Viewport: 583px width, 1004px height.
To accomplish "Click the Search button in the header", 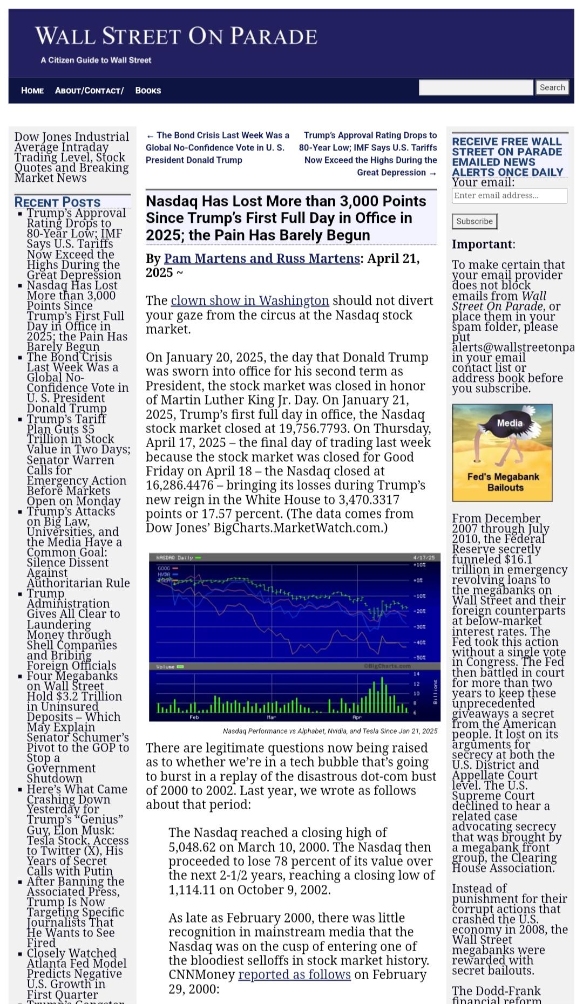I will click(552, 87).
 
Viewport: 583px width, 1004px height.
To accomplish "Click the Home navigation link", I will click(32, 91).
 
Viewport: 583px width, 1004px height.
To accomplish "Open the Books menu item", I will click(148, 91).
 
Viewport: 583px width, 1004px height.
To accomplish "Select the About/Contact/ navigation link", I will click(89, 91).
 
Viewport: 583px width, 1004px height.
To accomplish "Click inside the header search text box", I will click(476, 87).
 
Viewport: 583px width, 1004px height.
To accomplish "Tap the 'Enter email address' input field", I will click(509, 195).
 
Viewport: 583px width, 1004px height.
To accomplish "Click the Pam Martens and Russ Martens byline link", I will click(262, 258).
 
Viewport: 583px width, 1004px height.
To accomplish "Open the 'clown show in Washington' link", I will click(250, 300).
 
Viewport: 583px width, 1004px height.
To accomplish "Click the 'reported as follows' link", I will click(294, 974).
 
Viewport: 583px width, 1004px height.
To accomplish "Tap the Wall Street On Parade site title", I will click(176, 36).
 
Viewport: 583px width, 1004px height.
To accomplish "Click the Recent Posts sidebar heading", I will click(57, 202).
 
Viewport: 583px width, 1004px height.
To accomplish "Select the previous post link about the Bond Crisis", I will click(218, 147).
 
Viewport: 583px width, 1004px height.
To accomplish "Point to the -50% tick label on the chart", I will click(419, 658).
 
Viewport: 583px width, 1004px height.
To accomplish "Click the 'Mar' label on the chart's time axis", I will click(272, 717).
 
